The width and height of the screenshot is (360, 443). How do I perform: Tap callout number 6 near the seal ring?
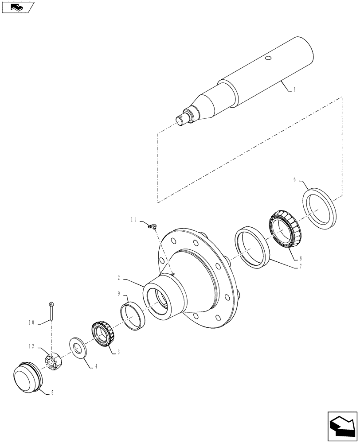tap(295, 179)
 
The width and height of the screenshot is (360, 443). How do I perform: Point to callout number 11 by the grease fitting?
tap(133, 219)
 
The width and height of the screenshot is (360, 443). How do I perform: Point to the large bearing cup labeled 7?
tap(252, 248)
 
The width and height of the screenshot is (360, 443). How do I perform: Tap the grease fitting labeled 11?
tap(152, 227)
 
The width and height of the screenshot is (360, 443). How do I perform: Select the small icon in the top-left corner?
tap(18, 7)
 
